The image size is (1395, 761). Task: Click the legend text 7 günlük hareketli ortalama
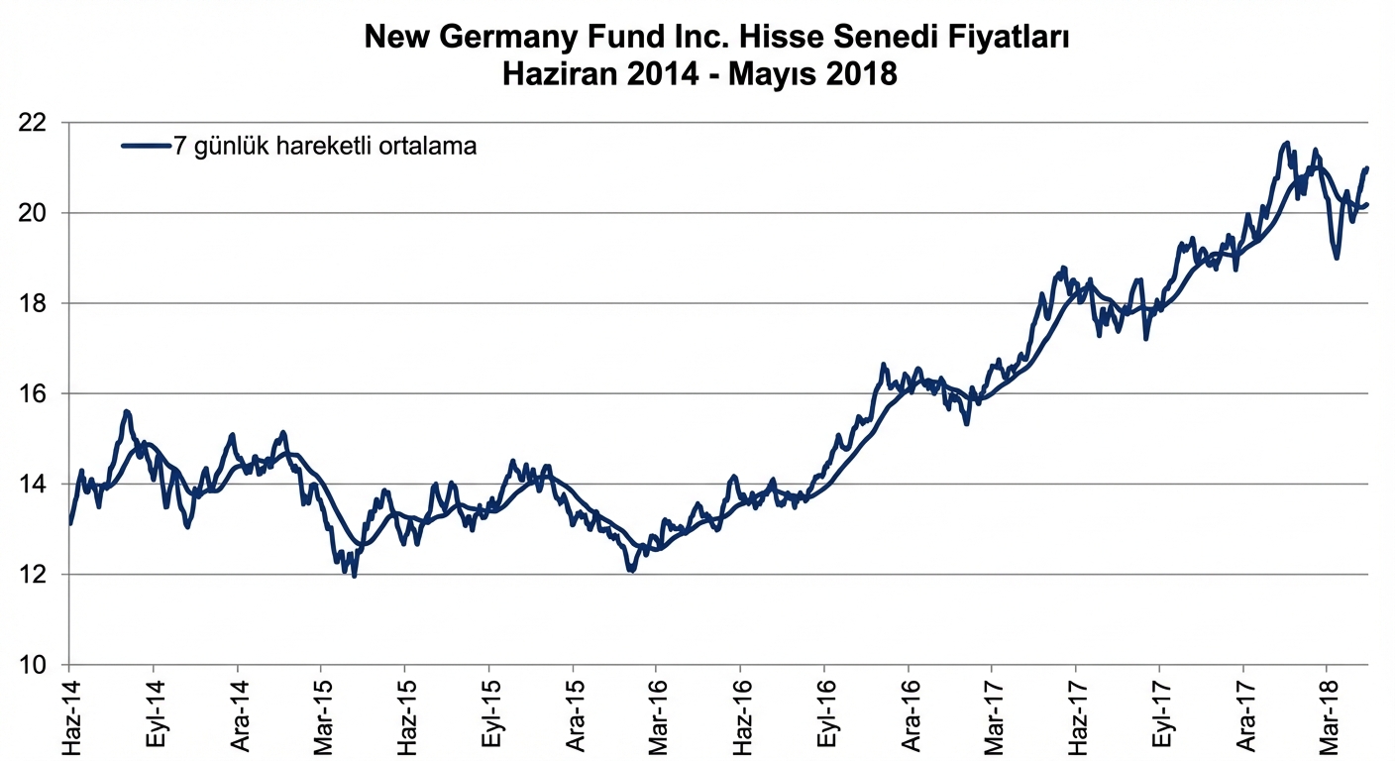coord(325,147)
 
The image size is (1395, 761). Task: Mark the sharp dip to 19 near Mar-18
coord(1337,258)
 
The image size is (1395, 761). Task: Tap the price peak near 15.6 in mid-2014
coord(126,411)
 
